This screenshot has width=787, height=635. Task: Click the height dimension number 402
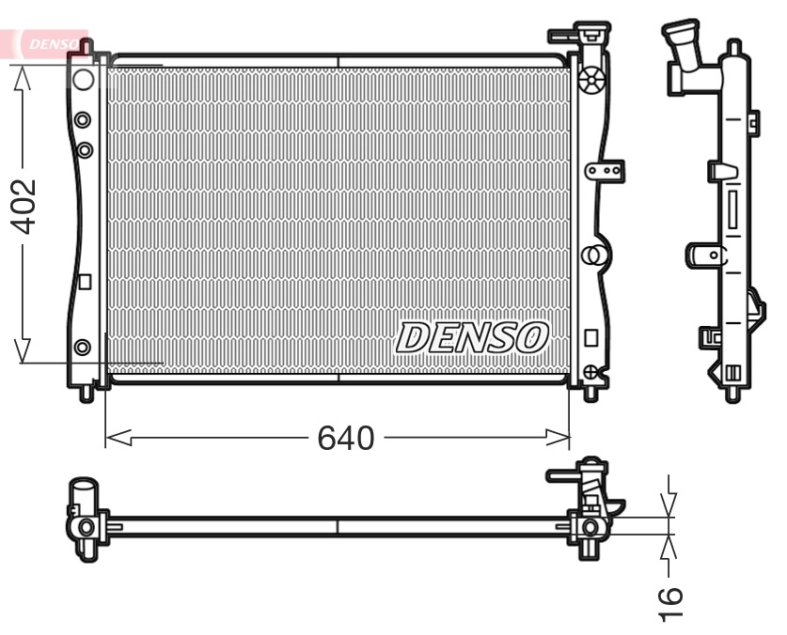click(x=23, y=206)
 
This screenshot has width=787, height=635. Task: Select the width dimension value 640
click(x=345, y=438)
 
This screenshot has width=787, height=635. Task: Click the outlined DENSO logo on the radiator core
click(x=472, y=337)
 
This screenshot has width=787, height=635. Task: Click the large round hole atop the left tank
click(x=83, y=79)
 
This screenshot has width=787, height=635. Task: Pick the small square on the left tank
click(x=84, y=280)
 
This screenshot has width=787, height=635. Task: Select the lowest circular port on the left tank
click(x=83, y=348)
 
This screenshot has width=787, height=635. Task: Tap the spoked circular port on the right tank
click(x=591, y=82)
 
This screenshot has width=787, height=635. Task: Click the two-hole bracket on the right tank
click(x=603, y=171)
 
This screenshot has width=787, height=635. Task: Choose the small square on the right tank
click(x=590, y=336)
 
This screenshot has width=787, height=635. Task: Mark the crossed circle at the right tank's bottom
click(x=590, y=372)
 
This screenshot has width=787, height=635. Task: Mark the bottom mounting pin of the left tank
click(x=87, y=393)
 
